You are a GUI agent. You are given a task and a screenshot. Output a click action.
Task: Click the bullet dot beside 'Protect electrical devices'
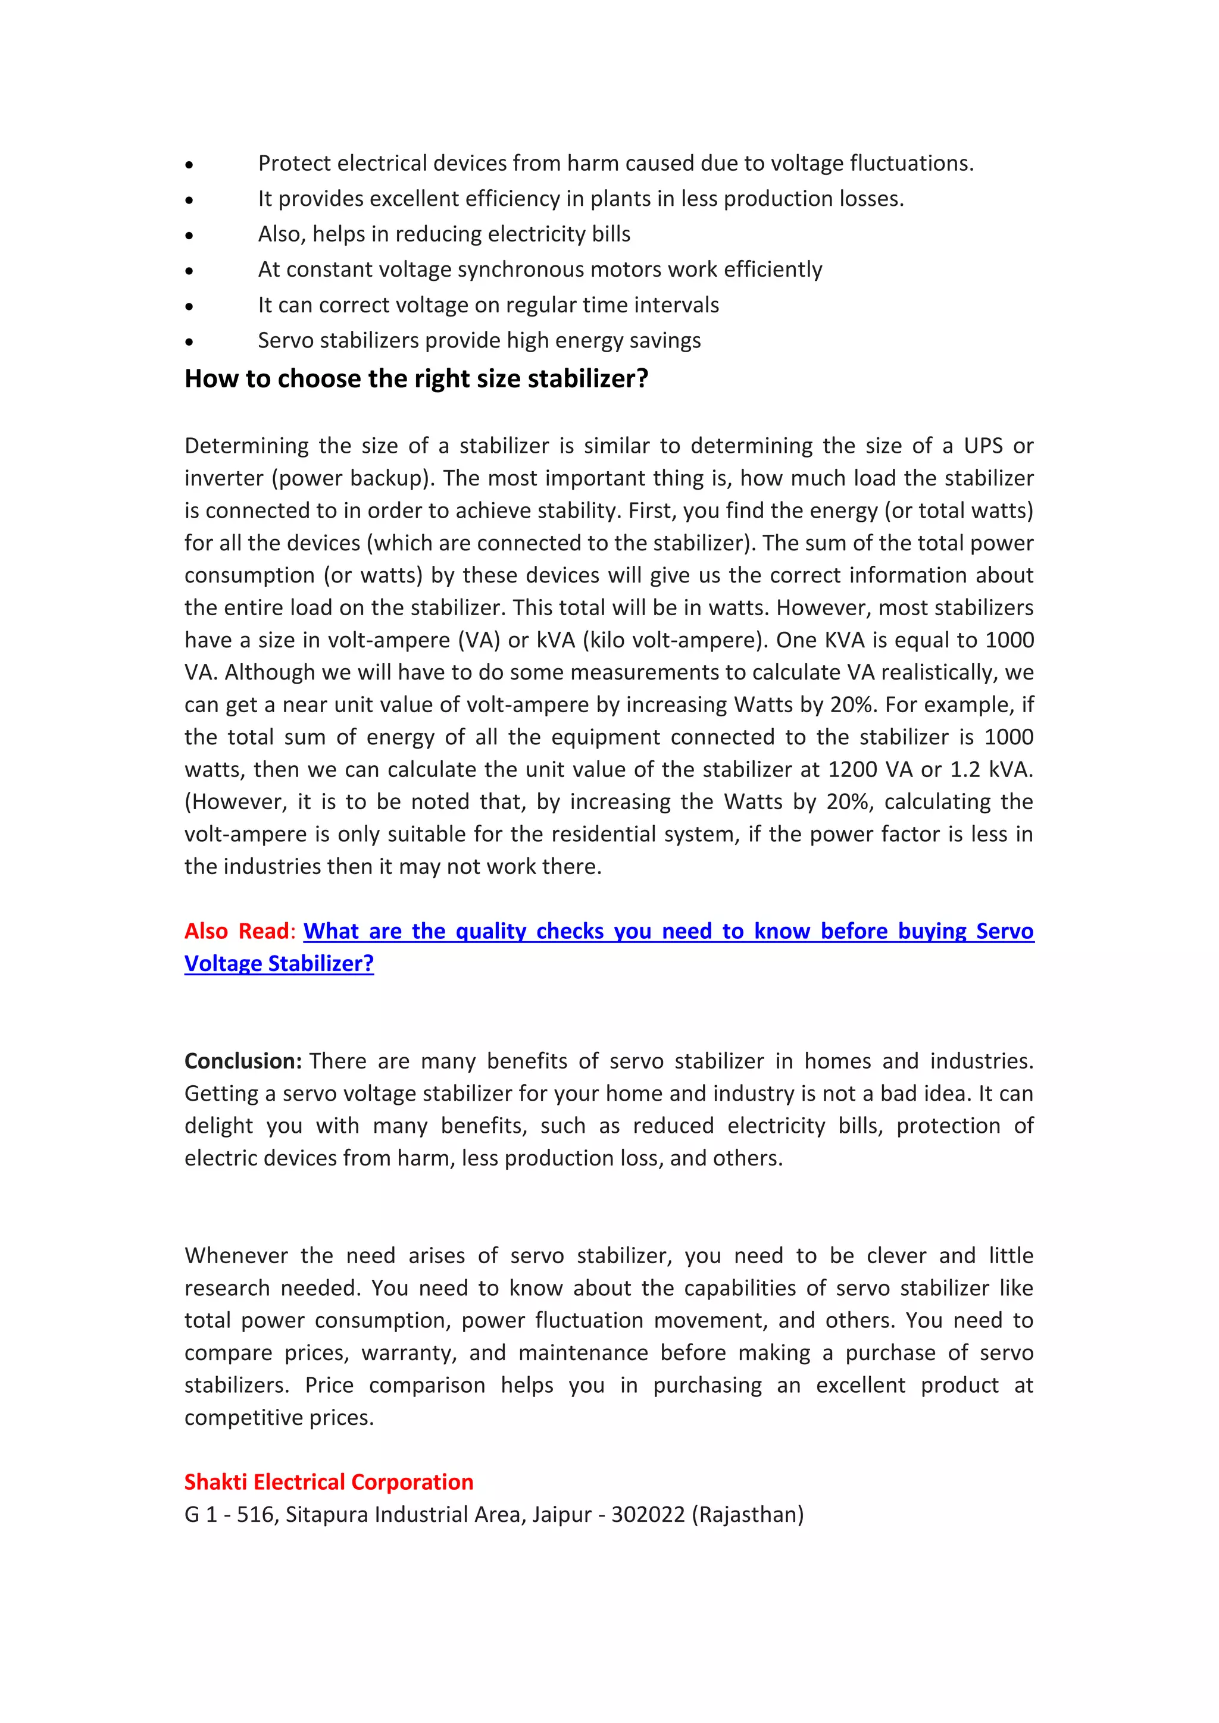189,164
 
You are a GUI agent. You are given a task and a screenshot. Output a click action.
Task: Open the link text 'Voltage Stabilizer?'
279,964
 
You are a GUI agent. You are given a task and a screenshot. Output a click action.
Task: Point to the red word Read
264,931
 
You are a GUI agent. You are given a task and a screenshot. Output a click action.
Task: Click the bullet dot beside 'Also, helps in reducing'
189,236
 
